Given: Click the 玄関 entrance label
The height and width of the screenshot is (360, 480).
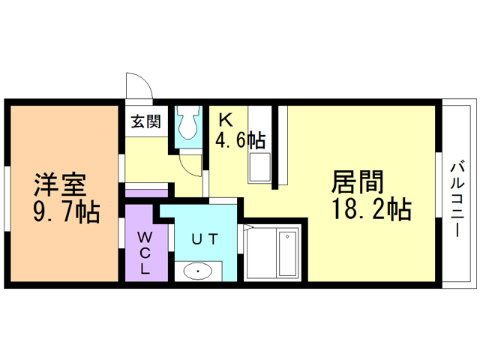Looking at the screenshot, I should [x=146, y=121].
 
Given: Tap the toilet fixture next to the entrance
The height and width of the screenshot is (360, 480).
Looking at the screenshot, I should [x=187, y=123].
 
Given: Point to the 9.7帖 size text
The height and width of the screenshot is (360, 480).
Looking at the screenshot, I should [x=67, y=211].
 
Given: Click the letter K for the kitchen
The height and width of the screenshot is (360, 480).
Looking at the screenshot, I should [x=224, y=119].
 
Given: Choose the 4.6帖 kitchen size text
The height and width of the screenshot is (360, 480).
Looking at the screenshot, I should [x=240, y=139].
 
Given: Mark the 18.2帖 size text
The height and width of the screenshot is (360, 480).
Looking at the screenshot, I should [x=372, y=209].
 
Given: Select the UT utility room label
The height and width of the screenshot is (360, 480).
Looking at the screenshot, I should [x=204, y=239].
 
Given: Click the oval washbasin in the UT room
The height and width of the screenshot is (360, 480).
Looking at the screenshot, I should [x=198, y=271].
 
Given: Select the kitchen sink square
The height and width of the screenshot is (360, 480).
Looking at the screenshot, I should [x=260, y=167].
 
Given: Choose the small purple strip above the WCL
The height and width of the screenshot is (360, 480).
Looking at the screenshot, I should [x=145, y=193].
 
